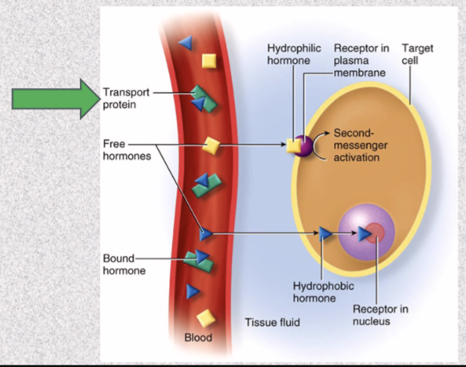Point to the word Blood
[198, 338]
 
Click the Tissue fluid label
[272, 322]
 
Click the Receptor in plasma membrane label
[360, 60]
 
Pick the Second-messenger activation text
[356, 145]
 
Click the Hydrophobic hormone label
[313, 292]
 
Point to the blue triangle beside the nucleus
[326, 234]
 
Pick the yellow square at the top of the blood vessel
[210, 60]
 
